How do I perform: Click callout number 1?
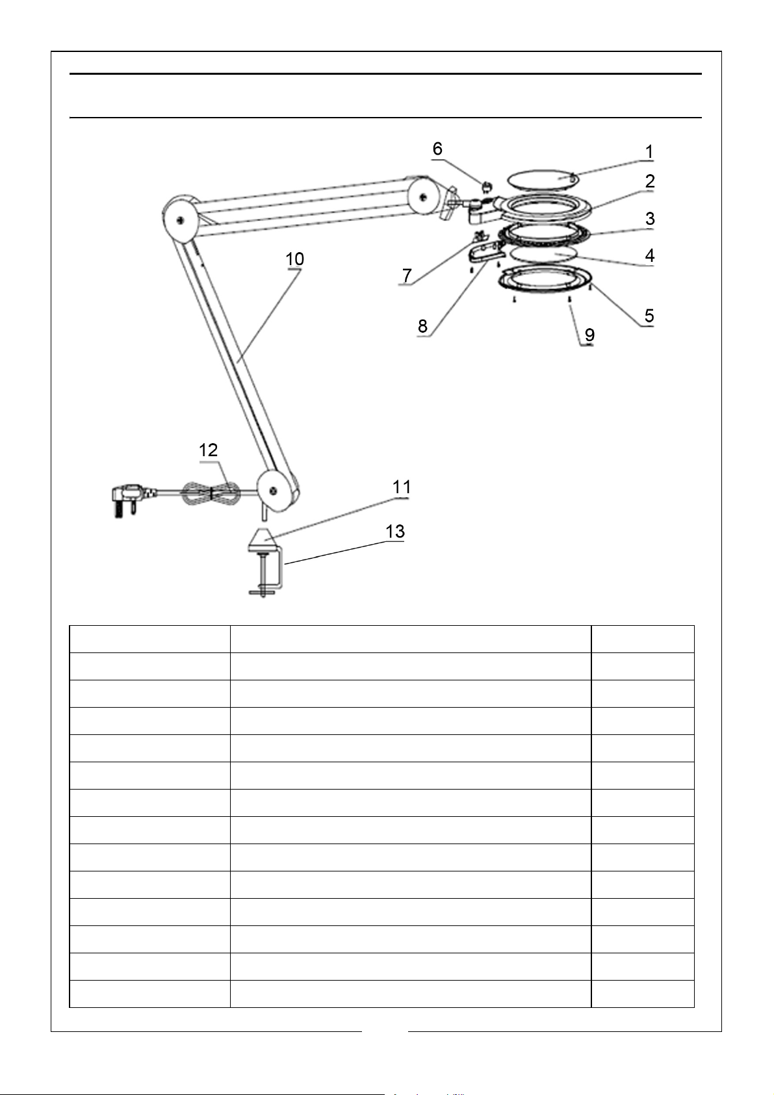pos(649,152)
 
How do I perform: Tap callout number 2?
pos(649,181)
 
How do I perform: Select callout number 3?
pos(649,219)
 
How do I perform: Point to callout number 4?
pos(649,255)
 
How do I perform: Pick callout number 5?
pos(649,316)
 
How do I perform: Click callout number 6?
pos(437,149)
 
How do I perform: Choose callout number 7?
pos(407,276)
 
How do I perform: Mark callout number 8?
pos(422,326)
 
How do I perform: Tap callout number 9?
pos(589,335)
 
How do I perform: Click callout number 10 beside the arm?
pos(294,259)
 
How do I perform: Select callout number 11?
pos(401,487)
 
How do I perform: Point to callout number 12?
pos(208,450)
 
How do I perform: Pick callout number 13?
pos(394,532)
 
